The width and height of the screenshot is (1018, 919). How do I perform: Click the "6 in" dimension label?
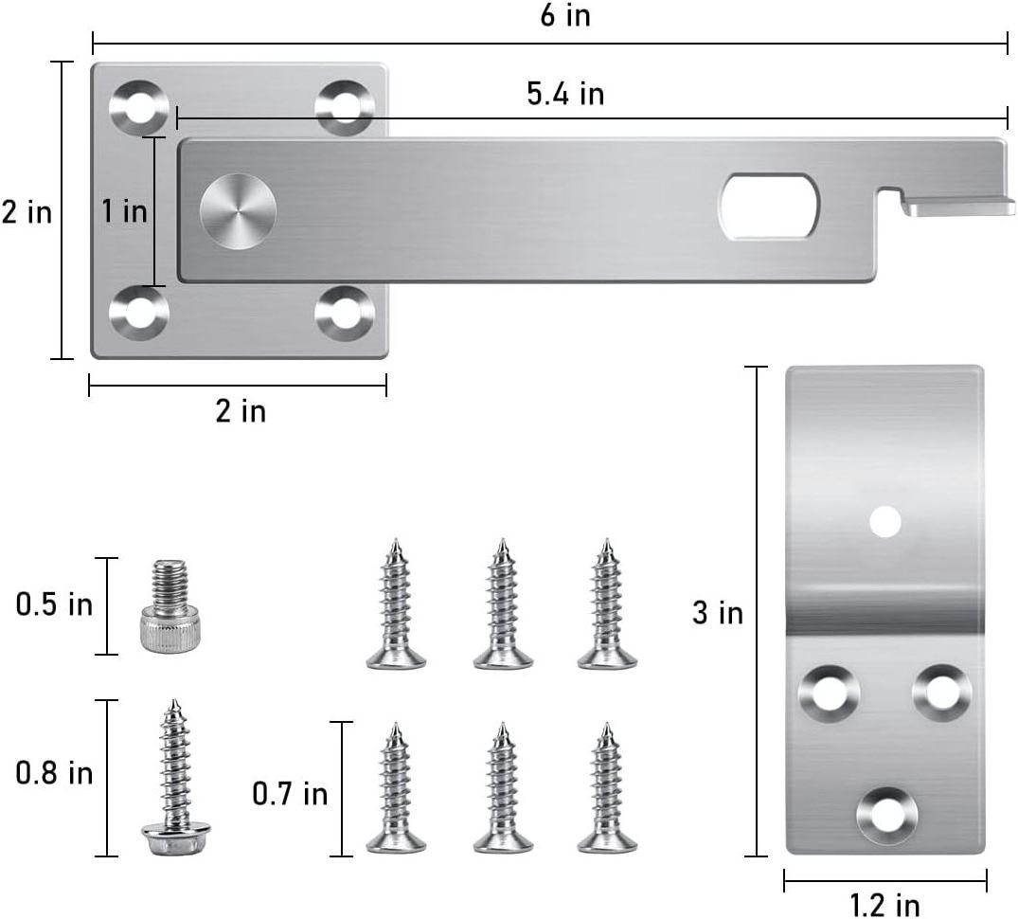(565, 15)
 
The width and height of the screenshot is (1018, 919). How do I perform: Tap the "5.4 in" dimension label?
(565, 94)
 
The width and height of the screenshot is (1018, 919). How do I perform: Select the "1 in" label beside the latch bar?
(125, 210)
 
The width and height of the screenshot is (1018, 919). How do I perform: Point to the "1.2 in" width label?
(884, 904)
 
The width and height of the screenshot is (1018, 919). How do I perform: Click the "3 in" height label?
(718, 612)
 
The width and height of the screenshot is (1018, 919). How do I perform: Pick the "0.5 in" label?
(55, 604)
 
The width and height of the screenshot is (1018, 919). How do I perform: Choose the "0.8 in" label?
(55, 773)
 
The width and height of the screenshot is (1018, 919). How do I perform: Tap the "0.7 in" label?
(290, 794)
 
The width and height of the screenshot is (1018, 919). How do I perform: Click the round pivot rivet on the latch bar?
(238, 211)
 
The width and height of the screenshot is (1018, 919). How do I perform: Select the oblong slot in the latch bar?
(768, 206)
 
